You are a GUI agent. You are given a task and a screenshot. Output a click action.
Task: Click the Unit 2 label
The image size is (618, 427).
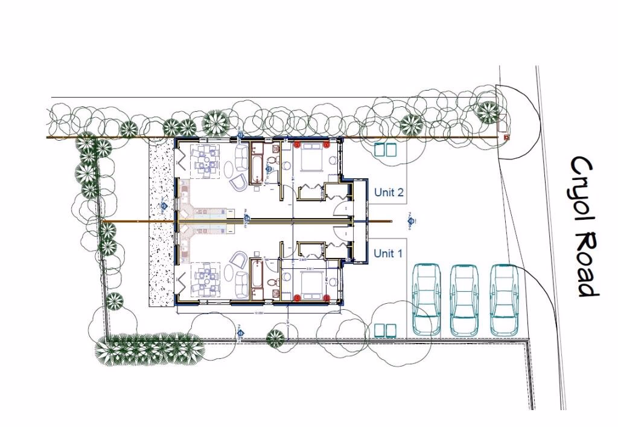389,193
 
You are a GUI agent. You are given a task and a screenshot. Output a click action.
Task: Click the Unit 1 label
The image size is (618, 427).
387,253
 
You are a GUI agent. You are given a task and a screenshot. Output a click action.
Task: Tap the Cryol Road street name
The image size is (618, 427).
584,226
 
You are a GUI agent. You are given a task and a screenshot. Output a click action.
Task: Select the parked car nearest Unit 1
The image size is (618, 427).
426,299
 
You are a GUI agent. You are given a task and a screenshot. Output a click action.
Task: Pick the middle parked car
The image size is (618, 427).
465,299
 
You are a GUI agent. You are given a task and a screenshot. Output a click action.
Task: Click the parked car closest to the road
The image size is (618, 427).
505,299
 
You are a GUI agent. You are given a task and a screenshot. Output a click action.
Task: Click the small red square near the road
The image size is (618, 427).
506,137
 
